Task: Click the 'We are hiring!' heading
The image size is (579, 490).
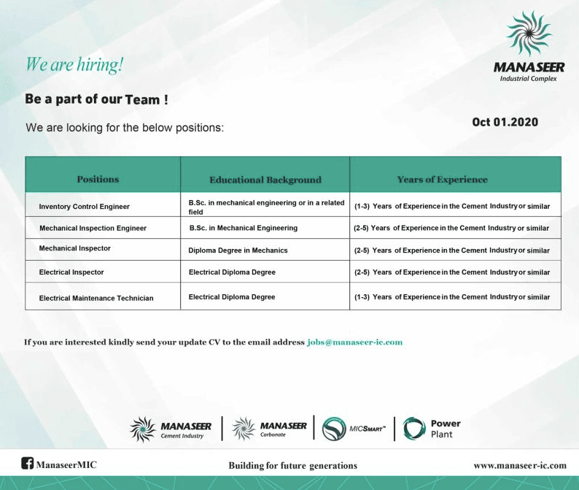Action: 74,64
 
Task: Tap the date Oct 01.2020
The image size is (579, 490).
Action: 505,122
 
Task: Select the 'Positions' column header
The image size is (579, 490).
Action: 98,179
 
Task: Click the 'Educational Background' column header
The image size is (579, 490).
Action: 265,180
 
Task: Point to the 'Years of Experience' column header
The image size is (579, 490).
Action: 442,179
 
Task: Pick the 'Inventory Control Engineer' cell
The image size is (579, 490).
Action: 84,207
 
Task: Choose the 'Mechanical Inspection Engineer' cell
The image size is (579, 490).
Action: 93,228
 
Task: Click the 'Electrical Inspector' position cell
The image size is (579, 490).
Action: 71,272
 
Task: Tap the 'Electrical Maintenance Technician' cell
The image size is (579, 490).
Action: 96,298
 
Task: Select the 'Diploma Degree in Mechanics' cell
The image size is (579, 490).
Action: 238,250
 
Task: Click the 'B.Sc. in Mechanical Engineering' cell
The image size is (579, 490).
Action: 243,228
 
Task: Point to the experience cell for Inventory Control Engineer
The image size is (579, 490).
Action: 452,207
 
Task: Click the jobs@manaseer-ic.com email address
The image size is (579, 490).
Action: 354,342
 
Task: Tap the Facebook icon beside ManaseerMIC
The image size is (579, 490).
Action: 28,463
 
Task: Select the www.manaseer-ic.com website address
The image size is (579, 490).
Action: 519,465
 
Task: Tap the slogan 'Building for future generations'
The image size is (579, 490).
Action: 292,465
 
